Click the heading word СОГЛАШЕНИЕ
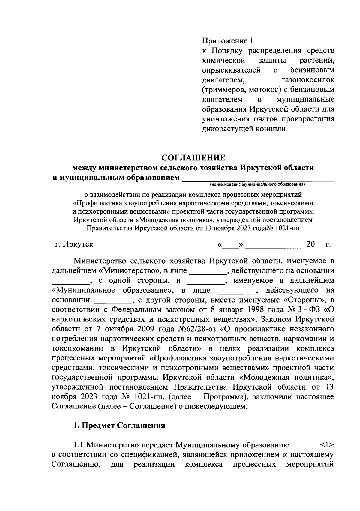coord(193,157)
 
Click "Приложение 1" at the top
coord(228,40)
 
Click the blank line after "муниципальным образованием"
coord(258,179)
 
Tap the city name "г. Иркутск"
coord(72,244)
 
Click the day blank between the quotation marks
coord(231,245)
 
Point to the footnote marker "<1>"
coord(327,445)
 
